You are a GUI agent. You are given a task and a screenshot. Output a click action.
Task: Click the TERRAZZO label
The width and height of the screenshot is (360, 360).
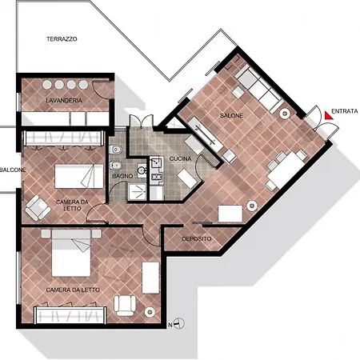pos(62,39)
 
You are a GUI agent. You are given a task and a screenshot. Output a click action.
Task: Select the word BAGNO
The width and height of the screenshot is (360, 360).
pos(122,174)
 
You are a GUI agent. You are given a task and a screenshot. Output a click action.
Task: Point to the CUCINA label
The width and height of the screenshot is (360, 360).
pos(178,159)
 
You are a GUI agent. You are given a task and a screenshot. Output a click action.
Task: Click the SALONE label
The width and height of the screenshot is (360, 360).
pos(231,116)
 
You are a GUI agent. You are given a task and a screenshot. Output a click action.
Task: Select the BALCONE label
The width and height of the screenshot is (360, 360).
pos(12,170)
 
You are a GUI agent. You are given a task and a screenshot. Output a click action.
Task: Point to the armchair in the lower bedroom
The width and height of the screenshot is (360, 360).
pos(125,304)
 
